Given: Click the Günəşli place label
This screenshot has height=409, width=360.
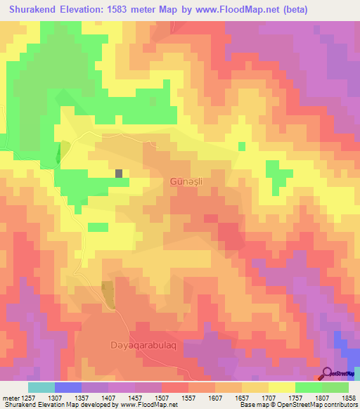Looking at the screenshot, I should pos(186,181).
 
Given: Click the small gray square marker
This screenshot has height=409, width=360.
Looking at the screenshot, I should pos(119,173).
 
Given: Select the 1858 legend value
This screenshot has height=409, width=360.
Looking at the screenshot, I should pos(349,398).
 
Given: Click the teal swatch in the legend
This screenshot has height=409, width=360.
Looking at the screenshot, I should pos(41,387).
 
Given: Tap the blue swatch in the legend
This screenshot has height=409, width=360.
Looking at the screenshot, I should pos(68,387).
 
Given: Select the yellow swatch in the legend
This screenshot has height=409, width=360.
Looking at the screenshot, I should pos(282,387).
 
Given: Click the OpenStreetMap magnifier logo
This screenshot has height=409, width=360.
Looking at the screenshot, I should pos(327,374).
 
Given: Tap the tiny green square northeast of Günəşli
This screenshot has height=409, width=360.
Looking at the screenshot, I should pos(242,146).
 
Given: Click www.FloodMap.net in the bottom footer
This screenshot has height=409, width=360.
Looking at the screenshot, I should pos(149,405).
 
